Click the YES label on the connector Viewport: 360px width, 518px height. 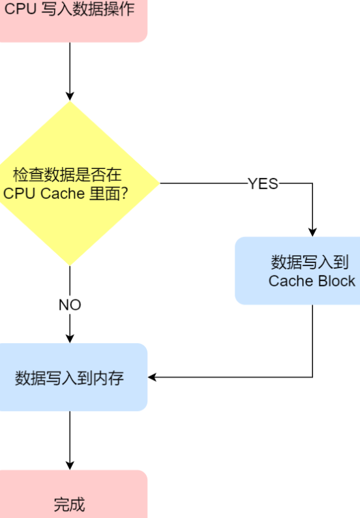click(263, 184)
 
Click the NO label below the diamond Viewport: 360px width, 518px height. click(70, 305)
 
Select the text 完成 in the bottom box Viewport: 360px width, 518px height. click(69, 504)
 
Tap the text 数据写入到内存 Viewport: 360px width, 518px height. click(69, 378)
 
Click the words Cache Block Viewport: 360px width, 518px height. click(312, 281)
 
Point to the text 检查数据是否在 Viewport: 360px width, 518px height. click(67, 174)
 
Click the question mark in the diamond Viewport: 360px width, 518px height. click(125, 194)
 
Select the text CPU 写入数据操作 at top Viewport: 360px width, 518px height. click(69, 9)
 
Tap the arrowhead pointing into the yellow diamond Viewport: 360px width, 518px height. click(70, 96)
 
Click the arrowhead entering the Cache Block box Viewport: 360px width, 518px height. click(312, 232)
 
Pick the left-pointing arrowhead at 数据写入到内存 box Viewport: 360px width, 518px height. click(152, 377)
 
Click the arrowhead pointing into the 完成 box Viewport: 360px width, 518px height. click(70, 465)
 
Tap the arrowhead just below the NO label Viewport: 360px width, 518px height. click(70, 339)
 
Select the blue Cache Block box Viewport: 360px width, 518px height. click(297, 271)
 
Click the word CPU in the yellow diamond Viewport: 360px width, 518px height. click(19, 194)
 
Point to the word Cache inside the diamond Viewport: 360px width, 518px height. click(63, 194)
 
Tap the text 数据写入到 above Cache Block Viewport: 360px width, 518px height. click(310, 262)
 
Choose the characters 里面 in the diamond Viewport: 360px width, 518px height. click(105, 194)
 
